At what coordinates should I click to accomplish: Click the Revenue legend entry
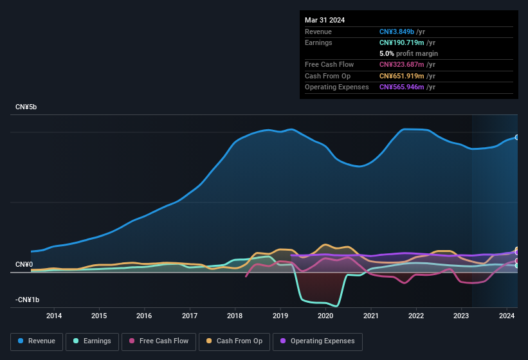[37, 341]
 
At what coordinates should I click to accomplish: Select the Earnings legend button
[91, 341]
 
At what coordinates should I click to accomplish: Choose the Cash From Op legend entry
[234, 341]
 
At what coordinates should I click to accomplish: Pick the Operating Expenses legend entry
[317, 341]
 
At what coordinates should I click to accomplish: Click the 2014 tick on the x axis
[54, 316]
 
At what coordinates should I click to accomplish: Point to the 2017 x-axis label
[190, 316]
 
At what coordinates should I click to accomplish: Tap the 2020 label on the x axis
[325, 316]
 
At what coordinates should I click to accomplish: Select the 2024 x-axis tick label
[507, 316]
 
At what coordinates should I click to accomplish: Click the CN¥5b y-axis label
[26, 107]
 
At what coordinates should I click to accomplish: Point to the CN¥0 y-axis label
[24, 265]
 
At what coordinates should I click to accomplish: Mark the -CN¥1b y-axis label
[27, 300]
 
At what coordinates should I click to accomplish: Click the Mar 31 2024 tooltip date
[325, 20]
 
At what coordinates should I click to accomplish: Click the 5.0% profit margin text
[408, 53]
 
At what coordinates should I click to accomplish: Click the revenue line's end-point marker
[517, 137]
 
